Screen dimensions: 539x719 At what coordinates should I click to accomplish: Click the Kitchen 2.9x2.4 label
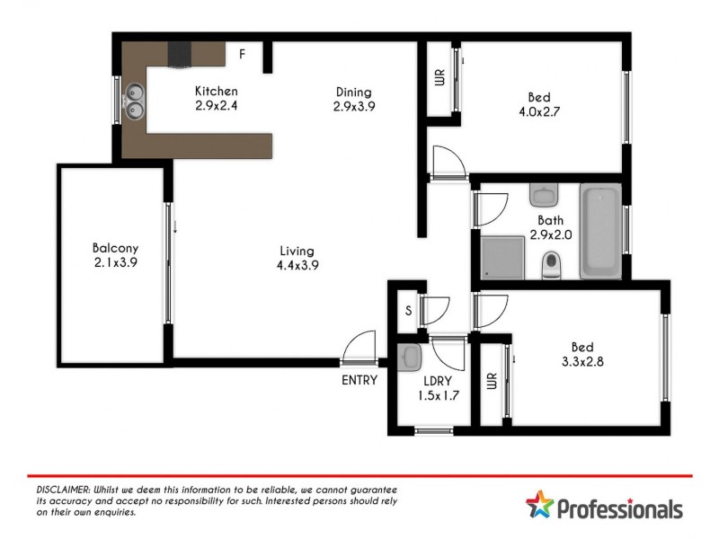pos(217,98)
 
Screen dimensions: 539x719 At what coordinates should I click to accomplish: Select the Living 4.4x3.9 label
pos(297,258)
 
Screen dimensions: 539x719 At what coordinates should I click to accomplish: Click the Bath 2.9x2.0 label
pos(551,227)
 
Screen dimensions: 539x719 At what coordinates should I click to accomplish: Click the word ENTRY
pos(359,380)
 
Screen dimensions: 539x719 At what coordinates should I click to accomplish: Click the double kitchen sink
pos(136,100)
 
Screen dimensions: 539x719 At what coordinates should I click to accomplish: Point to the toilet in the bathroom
pos(551,264)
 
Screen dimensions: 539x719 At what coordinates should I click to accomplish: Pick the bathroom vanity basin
pos(544,195)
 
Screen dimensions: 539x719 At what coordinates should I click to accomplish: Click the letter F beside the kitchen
pos(242,54)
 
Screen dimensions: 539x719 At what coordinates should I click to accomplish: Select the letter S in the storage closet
pos(408,312)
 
